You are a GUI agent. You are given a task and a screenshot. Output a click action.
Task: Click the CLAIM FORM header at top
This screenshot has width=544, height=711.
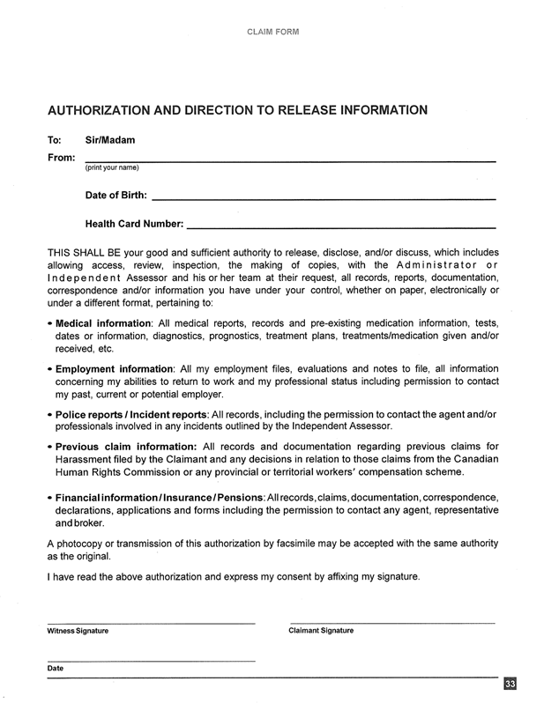(272, 32)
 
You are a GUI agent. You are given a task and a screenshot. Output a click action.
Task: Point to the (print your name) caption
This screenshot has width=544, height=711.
(111, 167)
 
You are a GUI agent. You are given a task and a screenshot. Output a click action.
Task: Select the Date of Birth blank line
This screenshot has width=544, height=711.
(323, 199)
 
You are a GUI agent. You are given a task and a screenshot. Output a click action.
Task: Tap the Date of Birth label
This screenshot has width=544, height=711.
(116, 195)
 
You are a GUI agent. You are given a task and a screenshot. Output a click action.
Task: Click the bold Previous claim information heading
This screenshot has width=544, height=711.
(126, 446)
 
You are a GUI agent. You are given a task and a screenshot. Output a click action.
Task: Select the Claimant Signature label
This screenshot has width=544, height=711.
(321, 631)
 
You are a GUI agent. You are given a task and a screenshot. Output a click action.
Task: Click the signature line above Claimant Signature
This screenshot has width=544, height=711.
(391, 623)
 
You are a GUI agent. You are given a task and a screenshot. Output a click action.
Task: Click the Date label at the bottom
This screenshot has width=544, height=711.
(56, 669)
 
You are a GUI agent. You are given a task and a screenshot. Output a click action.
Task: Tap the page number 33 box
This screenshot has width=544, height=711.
(510, 685)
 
